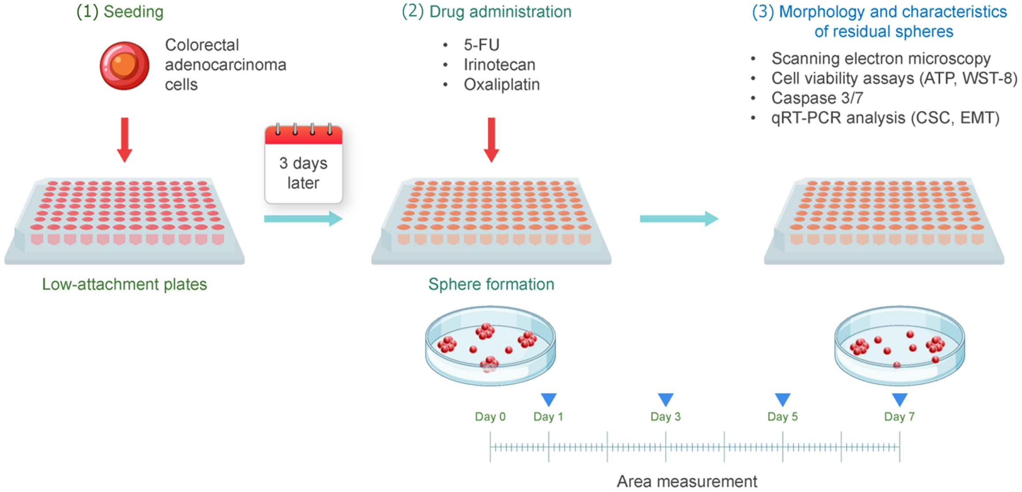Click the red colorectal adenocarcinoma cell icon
[124, 66]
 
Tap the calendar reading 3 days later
[303, 164]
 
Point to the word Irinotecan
[499, 65]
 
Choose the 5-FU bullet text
[482, 45]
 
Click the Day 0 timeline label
[490, 417]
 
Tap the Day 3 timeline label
[665, 417]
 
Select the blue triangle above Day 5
[782, 399]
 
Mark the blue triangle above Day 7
[899, 399]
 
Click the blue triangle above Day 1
[549, 399]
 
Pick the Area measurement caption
[687, 481]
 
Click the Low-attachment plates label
[124, 284]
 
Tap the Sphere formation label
[491, 284]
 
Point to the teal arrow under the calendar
[303, 219]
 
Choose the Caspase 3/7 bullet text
[817, 98]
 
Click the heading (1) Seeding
[120, 12]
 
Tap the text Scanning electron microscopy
[881, 58]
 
